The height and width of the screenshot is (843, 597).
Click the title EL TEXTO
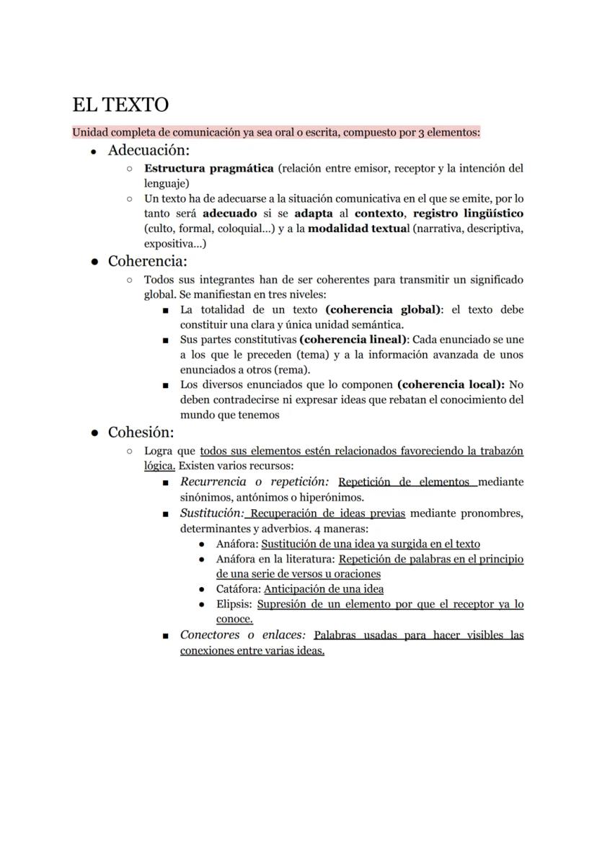click(120, 105)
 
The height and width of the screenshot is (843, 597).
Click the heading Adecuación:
click(149, 151)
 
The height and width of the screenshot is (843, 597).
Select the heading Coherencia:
click(147, 261)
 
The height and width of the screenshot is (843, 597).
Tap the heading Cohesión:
click(141, 433)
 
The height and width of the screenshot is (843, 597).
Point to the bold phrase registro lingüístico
click(468, 214)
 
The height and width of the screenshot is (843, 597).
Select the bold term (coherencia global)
click(383, 310)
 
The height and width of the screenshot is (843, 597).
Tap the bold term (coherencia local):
click(451, 385)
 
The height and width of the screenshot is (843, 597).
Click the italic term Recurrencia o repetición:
click(255, 482)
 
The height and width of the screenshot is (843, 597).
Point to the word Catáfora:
click(238, 589)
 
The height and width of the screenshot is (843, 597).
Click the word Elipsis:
click(234, 604)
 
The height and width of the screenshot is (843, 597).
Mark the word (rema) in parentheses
click(292, 369)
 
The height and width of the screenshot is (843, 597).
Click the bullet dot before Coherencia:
click(94, 262)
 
